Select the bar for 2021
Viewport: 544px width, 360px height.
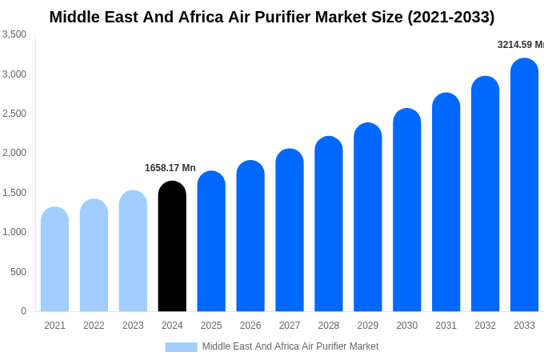(x=54, y=259)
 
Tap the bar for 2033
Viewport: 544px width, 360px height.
(x=524, y=185)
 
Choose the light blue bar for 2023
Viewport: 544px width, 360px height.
(x=133, y=251)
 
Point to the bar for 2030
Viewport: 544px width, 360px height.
(x=406, y=210)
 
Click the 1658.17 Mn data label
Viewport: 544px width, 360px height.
(x=170, y=168)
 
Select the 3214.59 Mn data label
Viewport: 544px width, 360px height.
(x=520, y=45)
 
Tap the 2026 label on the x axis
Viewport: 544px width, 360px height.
(x=250, y=326)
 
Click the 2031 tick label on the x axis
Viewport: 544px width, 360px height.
(x=446, y=326)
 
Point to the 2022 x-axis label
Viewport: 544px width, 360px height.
(x=94, y=326)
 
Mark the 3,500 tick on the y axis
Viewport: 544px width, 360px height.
(x=14, y=34)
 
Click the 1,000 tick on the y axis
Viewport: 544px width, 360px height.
(x=14, y=232)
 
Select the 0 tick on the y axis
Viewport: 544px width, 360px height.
(x=23, y=311)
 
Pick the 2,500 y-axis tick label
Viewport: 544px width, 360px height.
(x=14, y=114)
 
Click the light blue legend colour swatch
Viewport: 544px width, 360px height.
(x=181, y=347)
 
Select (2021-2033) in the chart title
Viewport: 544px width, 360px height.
(x=451, y=17)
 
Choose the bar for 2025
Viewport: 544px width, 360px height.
(x=211, y=242)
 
